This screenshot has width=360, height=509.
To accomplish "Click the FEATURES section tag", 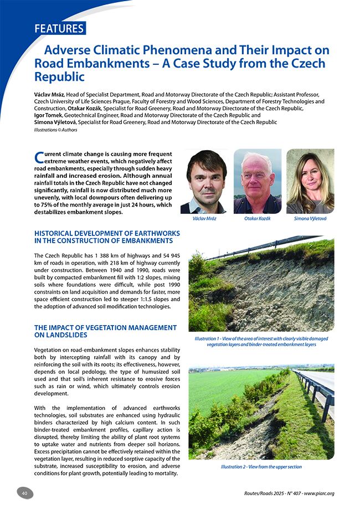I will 59,28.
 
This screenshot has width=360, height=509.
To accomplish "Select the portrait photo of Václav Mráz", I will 207,182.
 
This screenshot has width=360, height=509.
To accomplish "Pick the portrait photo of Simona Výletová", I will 310,182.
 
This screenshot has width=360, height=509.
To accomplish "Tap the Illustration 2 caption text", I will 261,467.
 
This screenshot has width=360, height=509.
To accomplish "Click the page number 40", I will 25,493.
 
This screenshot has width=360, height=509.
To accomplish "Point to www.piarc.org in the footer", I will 320,493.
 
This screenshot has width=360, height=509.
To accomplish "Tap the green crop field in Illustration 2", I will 222,388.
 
